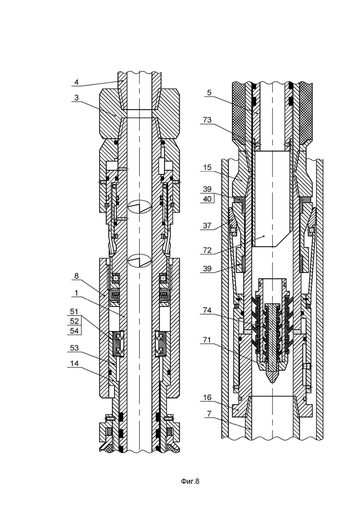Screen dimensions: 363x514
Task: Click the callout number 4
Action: pos(76,82)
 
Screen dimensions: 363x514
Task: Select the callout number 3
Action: pos(76,98)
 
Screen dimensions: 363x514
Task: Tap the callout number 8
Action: pos(76,276)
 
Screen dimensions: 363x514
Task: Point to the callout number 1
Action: pos(76,293)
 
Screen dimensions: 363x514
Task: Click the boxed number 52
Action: pos(74,321)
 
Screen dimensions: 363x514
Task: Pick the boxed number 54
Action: pos(74,331)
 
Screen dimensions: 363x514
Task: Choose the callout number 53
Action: pos(74,348)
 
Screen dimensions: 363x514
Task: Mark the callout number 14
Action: pos(74,363)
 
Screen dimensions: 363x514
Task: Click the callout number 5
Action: pos(209,93)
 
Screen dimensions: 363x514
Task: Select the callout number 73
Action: pos(207,120)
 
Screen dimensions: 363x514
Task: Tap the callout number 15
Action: pos(207,168)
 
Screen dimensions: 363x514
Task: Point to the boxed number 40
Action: pos(207,199)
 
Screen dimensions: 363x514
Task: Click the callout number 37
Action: pos(207,226)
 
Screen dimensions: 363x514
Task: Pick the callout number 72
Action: pos(207,251)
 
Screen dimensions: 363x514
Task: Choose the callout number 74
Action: pos(207,310)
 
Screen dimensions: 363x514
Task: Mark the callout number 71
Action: pos(207,340)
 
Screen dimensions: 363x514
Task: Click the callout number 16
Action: pos(207,397)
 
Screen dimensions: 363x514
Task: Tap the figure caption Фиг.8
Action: pos(190,481)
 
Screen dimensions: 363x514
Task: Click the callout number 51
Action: pos(74,311)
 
